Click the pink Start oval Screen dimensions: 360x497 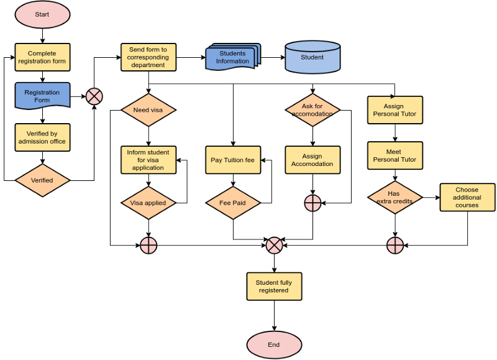42,15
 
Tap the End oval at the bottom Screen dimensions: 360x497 274,345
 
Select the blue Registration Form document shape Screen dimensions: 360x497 42,96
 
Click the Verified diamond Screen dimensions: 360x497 42,180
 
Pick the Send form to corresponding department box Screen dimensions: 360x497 148,57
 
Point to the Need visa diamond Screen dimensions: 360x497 148,110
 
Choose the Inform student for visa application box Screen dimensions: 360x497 148,160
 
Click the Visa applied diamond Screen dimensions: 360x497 148,203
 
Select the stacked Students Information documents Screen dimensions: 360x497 232,57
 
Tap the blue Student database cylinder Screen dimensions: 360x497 312,57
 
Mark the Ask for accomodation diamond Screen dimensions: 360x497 312,110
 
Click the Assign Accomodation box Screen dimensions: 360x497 312,160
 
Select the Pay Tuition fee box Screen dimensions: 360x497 233,160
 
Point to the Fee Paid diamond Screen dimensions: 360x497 233,203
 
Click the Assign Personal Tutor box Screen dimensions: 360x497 394,110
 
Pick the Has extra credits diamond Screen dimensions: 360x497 394,197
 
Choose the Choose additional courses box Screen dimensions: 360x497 467,197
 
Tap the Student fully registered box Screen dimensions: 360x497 274,286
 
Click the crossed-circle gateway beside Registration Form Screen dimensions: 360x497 94,96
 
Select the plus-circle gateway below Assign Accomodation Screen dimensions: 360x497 312,203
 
